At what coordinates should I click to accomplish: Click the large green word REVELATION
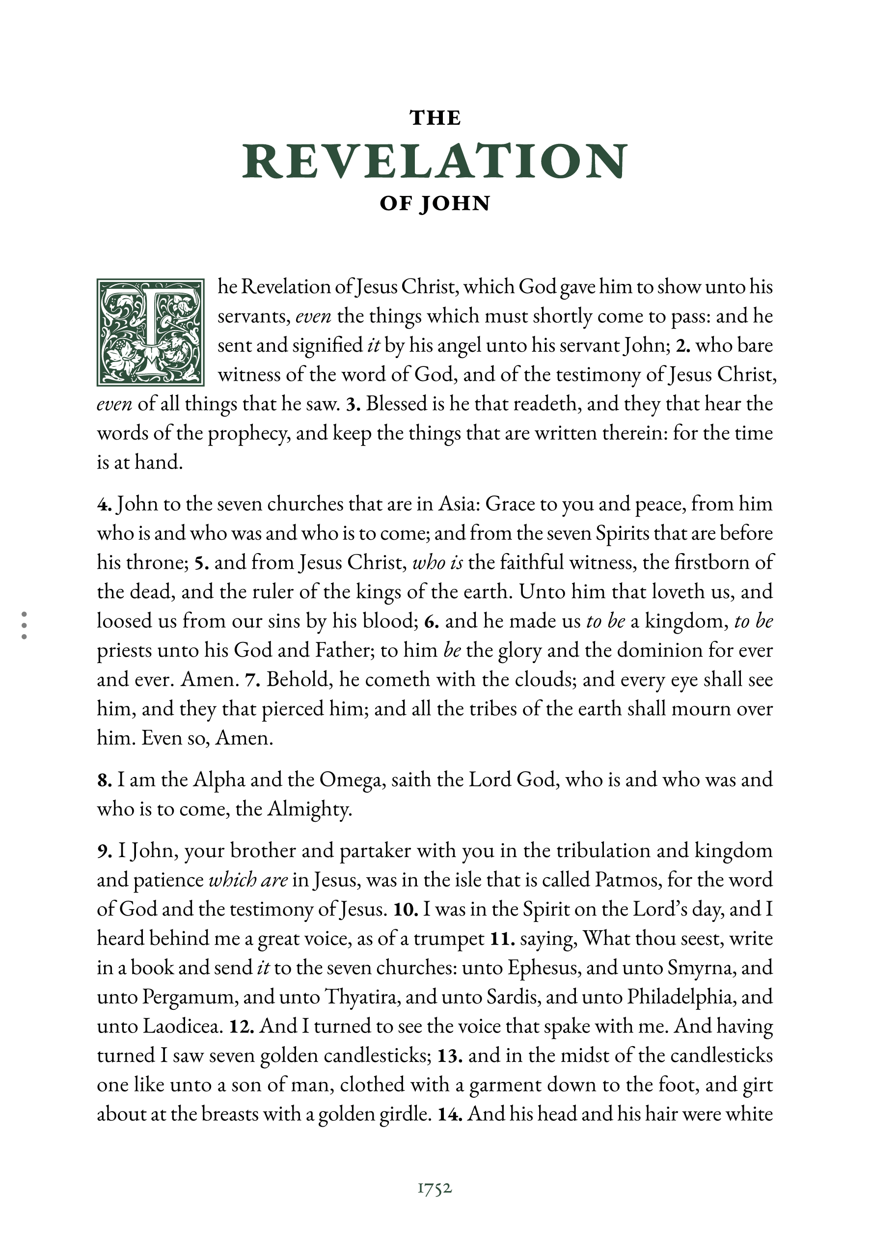(435, 161)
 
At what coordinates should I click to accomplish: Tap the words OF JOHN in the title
(435, 204)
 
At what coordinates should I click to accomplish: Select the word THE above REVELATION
(435, 118)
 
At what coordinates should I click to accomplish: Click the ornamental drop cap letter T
(150, 333)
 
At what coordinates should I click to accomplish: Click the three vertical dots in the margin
(24, 625)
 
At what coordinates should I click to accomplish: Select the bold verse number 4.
(104, 504)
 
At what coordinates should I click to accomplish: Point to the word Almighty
(309, 809)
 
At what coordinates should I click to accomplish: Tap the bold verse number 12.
(242, 1027)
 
